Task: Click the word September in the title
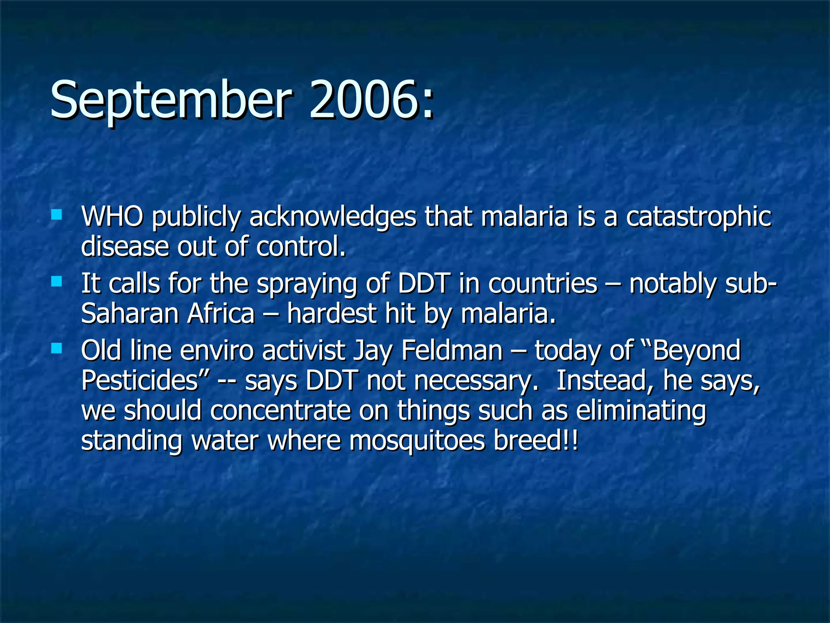(x=171, y=99)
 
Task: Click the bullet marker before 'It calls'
(x=57, y=281)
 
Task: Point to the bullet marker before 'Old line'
(x=57, y=348)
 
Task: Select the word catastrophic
(x=698, y=217)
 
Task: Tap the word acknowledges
(x=332, y=217)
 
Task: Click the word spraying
(x=307, y=284)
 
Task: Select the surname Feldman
(x=452, y=350)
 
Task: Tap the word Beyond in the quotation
(x=696, y=350)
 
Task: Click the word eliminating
(x=641, y=410)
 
